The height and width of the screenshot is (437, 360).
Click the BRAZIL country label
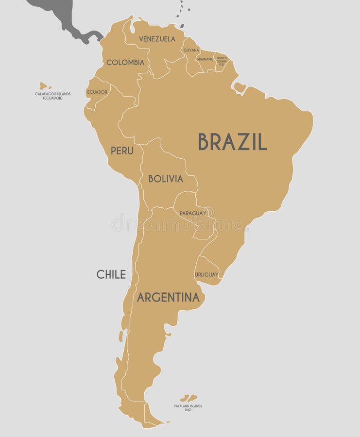coord(232,142)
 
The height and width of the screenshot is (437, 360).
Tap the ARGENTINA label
coord(168,298)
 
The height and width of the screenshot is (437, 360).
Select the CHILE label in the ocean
coord(111,274)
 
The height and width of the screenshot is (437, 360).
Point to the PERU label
coord(121,151)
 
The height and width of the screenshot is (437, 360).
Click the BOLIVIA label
coord(166,179)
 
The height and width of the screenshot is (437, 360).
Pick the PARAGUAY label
coord(193,213)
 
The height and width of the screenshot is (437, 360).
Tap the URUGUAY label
coord(206,275)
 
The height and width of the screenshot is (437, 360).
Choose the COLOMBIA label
coord(125,63)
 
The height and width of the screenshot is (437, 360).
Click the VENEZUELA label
coord(157,39)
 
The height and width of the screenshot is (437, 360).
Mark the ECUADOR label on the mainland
coord(97,92)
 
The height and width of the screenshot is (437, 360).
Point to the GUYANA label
coord(191,50)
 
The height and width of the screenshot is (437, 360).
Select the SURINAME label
coord(205,59)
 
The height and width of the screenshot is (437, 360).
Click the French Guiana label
coord(222,60)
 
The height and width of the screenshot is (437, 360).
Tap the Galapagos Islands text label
coord(52,96)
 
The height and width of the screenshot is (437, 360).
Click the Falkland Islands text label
coord(188,408)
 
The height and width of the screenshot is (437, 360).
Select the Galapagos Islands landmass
coord(43,85)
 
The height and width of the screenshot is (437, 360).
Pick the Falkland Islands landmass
coord(189,398)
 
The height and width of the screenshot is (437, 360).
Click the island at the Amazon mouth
coord(240,87)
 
